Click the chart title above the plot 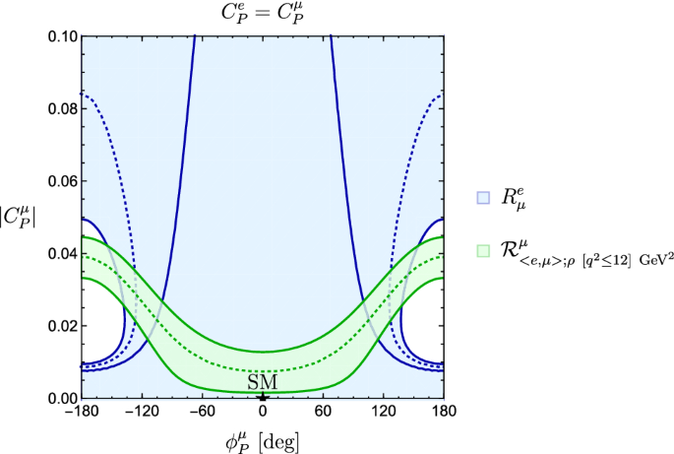[x=262, y=14]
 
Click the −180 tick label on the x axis [x=78, y=412]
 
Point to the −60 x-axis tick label [x=201, y=412]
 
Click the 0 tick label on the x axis [x=262, y=412]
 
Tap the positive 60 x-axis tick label [x=323, y=412]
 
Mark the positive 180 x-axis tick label [x=445, y=412]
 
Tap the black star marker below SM [x=262, y=396]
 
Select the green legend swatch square [x=482, y=251]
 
